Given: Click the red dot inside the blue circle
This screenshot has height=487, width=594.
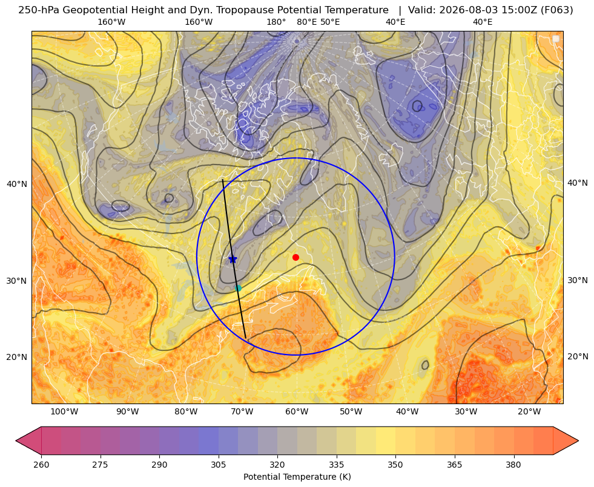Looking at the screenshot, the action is point(296,257).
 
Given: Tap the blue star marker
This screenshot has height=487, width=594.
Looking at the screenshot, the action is point(233,259).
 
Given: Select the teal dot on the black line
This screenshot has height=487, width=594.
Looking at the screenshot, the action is point(238,289).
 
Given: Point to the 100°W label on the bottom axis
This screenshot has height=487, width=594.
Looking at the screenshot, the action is point(64,412).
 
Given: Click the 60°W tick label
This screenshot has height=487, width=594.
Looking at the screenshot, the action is point(296,412).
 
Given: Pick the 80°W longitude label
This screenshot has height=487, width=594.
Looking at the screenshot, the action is point(186,412).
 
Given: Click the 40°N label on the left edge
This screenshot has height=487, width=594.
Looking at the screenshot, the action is point(17,184).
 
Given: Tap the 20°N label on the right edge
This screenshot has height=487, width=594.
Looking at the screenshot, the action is point(578,356).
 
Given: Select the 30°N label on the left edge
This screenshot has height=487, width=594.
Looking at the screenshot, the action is point(17,281).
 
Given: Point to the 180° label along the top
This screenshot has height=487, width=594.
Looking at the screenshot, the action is point(276,22).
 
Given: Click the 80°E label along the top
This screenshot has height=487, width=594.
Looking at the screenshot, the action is point(306,22).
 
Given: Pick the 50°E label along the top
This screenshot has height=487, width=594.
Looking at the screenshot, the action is point(330,22).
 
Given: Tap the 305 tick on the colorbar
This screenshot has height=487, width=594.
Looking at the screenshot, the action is point(218,465).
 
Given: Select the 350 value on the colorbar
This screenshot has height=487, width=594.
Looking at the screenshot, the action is point(395,465).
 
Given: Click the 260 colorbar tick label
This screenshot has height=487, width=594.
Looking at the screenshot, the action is point(41,465).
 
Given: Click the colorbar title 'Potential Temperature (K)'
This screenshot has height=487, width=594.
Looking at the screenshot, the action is point(297,477).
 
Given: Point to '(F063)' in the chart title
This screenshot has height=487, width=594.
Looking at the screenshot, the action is point(558,10).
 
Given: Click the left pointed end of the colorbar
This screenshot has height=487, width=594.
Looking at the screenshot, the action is point(16,440).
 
